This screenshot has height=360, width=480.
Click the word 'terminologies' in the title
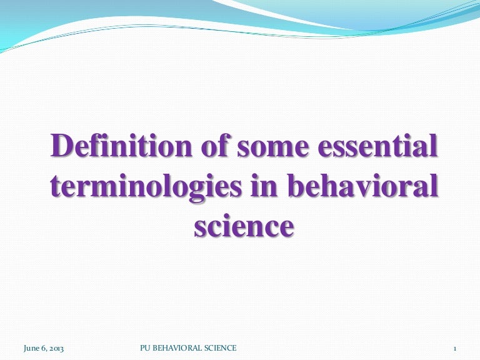(146, 187)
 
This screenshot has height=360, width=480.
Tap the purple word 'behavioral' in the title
(362, 184)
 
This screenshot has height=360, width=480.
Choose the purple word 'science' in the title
(244, 226)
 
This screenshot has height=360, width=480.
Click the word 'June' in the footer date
(31, 348)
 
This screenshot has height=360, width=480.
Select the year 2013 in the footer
(57, 348)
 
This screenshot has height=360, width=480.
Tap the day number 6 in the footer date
(43, 348)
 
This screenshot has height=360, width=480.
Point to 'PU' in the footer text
(145, 348)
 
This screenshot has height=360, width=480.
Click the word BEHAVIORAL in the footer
(177, 348)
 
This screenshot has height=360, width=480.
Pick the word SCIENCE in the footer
(221, 348)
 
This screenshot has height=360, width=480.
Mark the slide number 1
(455, 349)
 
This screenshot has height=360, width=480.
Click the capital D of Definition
(61, 146)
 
